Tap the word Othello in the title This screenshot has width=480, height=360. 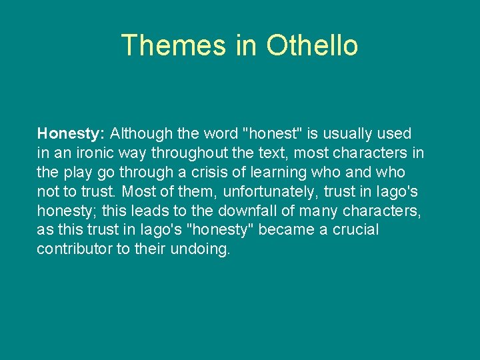click(312, 45)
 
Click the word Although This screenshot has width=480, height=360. click(139, 134)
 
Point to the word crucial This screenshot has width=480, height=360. click(357, 230)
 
